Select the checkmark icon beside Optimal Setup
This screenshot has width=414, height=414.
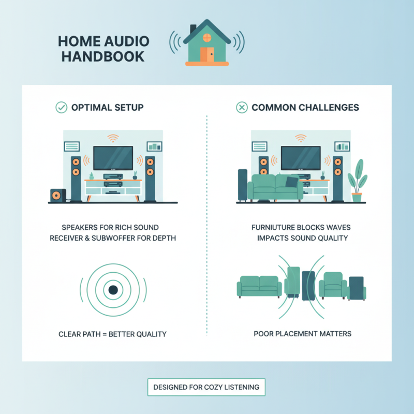pos(61,108)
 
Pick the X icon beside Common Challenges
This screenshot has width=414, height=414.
pos(241,108)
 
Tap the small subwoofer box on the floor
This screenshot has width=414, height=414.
pos(57,195)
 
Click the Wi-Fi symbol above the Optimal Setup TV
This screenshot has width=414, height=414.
pos(113,138)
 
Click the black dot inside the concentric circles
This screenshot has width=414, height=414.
pos(113,289)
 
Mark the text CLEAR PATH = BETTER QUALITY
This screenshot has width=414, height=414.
pos(113,334)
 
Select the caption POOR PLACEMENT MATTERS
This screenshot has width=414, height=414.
pos(302,334)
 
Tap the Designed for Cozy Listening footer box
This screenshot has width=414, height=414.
pos(206,387)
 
